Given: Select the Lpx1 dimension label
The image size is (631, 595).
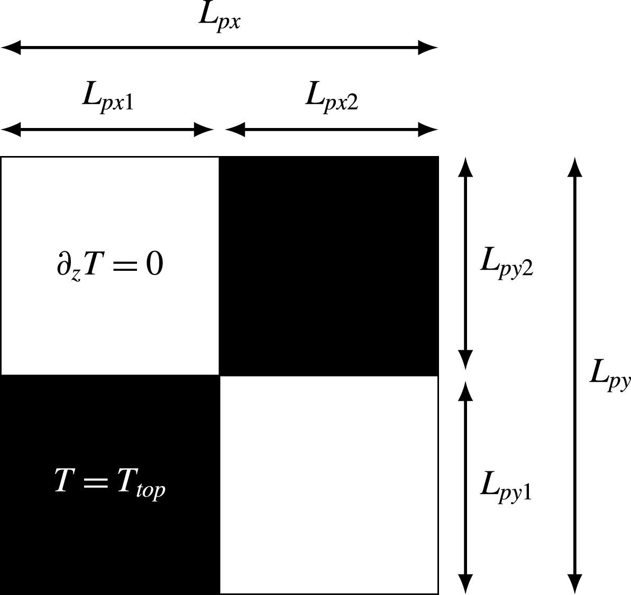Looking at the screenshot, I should [x=107, y=97].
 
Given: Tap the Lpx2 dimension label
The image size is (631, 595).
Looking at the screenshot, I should [x=332, y=97].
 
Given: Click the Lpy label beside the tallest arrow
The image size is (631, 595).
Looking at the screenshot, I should [x=610, y=377].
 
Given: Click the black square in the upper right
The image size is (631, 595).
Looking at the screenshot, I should [x=329, y=266].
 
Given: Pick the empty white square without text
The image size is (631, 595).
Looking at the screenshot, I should [x=329, y=484].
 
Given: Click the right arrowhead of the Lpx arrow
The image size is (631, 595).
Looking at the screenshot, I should [x=428, y=48].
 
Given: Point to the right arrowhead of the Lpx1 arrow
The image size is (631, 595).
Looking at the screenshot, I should [x=204, y=129].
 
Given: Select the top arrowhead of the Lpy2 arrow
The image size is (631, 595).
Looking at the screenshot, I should [x=465, y=166].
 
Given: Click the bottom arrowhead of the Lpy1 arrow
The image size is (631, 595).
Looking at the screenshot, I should [x=465, y=584].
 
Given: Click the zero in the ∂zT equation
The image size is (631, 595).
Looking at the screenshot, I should [x=154, y=264].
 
